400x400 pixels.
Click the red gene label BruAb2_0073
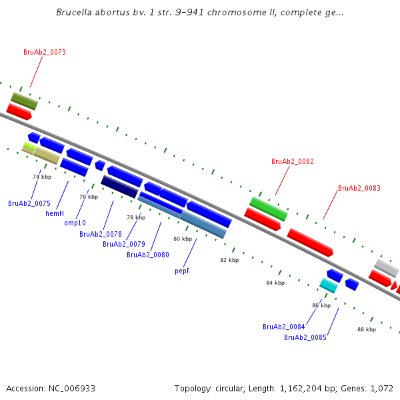[44, 52]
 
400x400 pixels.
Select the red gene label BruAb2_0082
[292, 161]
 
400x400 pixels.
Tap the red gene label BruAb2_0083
[359, 188]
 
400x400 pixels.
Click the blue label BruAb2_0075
[29, 203]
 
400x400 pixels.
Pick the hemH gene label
[55, 213]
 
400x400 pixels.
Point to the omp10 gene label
[75, 223]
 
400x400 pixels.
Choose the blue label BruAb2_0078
[100, 234]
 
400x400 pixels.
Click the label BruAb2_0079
[123, 244]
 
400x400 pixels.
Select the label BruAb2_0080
[148, 255]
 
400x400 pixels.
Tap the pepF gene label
[183, 271]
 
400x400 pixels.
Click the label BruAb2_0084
[283, 327]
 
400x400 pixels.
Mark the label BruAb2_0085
[305, 337]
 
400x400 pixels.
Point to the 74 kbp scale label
[42, 177]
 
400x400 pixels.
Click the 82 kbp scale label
[229, 260]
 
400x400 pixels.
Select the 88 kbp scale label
[367, 329]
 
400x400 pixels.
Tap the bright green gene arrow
[269, 209]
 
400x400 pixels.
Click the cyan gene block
[328, 285]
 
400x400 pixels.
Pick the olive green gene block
[24, 101]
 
